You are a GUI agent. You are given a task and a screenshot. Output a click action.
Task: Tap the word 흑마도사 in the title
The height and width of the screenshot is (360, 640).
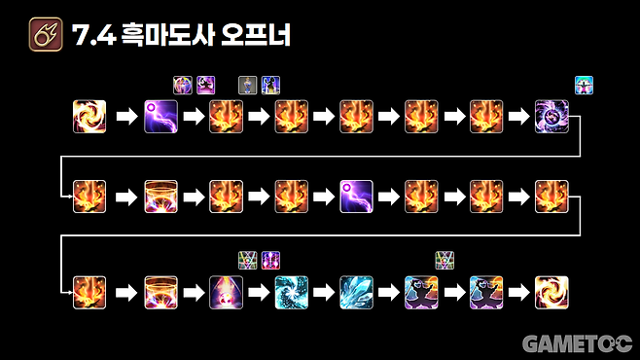pos(171,38)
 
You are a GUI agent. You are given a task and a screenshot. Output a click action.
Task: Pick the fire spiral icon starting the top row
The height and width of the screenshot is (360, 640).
pos(89,117)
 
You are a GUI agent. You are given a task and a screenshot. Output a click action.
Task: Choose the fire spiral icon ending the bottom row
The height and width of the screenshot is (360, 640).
pos(551,292)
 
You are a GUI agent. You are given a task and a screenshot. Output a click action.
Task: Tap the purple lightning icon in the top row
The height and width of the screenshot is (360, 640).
pos(160,117)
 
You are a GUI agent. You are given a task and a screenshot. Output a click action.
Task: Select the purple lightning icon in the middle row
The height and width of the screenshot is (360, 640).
pos(356,196)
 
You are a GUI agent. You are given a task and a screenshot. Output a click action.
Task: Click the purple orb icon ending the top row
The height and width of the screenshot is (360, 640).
pos(551,117)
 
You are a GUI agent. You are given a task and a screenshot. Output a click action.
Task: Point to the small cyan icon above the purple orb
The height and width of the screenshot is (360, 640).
pos(584,85)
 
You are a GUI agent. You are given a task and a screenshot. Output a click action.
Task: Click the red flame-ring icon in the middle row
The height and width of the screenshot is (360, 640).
pos(160,196)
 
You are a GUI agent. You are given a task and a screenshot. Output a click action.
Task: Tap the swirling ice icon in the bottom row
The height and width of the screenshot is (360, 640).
pos(291,292)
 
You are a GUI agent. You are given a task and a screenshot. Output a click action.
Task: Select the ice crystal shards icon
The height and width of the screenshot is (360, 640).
pos(356,292)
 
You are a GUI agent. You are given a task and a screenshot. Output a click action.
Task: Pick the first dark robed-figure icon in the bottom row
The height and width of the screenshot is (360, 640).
pos(421,292)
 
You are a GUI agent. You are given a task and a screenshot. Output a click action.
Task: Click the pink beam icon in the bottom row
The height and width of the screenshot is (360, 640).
pos(226,292)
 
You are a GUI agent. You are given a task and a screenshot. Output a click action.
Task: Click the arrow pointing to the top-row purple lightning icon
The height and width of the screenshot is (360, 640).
pos(125,117)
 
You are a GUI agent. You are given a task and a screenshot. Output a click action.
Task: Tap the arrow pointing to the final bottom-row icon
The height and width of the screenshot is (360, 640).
pos(519,292)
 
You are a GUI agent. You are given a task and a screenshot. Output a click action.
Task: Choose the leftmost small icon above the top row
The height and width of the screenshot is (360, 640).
pos(182,84)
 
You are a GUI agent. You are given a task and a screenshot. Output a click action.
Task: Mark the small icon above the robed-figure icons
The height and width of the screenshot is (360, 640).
pos(444,260)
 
